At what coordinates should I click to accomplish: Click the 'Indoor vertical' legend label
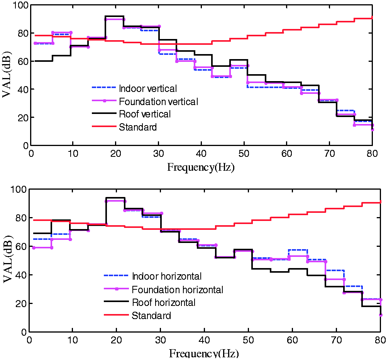(148, 88)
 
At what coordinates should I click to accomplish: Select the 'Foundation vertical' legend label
(159, 102)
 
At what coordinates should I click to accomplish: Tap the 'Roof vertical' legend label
(145, 114)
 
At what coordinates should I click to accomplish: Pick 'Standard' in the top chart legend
(138, 127)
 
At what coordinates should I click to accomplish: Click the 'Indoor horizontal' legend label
(167, 276)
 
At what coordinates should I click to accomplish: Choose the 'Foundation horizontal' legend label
(178, 290)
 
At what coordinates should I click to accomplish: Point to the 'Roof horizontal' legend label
(164, 302)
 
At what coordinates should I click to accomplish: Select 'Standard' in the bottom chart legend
(151, 316)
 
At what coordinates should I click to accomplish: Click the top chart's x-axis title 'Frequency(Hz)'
(201, 167)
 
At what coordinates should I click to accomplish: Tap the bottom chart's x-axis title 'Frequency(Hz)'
(204, 353)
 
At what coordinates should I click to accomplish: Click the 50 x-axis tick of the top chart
(244, 154)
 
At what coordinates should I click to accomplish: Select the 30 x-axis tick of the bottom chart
(160, 340)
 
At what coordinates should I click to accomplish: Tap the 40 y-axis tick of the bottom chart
(21, 275)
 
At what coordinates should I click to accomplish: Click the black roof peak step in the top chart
(114, 16)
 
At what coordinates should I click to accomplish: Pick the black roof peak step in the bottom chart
(115, 198)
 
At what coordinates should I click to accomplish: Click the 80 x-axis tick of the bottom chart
(380, 340)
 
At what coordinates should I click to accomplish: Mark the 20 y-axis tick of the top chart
(23, 117)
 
